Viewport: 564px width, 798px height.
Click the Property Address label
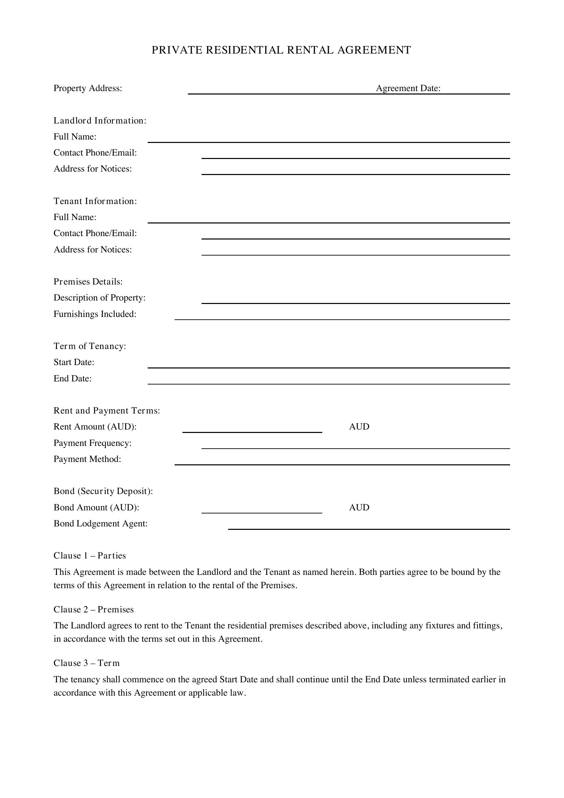pyautogui.click(x=88, y=88)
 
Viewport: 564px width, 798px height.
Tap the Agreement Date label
pyautogui.click(x=408, y=88)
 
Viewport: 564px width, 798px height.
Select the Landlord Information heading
pyautogui.click(x=100, y=120)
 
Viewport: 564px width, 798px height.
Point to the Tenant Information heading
pyautogui.click(x=95, y=201)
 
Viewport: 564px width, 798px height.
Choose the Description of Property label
pyautogui.click(x=99, y=298)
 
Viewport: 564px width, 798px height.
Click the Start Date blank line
pyautogui.click(x=328, y=365)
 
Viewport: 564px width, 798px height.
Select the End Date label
pyautogui.click(x=73, y=378)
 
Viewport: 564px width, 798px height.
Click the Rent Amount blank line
pyautogui.click(x=252, y=429)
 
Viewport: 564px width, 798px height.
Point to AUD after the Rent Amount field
pyautogui.click(x=359, y=427)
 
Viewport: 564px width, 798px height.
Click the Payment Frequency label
pyautogui.click(x=93, y=443)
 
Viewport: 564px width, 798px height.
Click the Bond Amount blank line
pyautogui.click(x=262, y=510)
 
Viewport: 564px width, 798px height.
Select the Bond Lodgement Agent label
pyautogui.click(x=101, y=524)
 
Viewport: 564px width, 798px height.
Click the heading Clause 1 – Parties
pyautogui.click(x=90, y=556)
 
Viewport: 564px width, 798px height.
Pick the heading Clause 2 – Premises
pyautogui.click(x=93, y=610)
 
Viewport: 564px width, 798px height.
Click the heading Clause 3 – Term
pyautogui.click(x=87, y=663)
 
